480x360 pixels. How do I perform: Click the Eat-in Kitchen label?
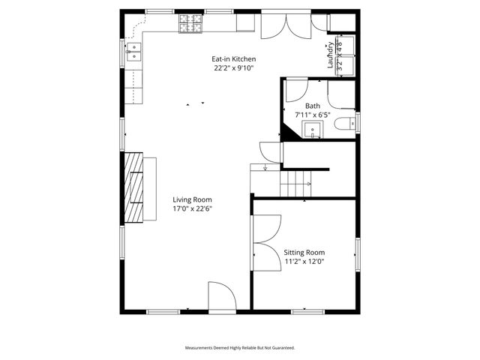pyautogui.click(x=233, y=59)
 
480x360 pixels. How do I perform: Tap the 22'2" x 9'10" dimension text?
pyautogui.click(x=233, y=68)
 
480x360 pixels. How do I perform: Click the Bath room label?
pyautogui.click(x=313, y=106)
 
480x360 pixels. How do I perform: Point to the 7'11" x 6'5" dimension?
pyautogui.click(x=313, y=115)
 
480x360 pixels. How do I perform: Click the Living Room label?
pyautogui.click(x=192, y=199)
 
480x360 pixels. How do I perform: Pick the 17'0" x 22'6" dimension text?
pyautogui.click(x=192, y=208)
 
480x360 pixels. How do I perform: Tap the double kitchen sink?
pyautogui.click(x=134, y=52)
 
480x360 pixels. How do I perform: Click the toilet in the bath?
pyautogui.click(x=345, y=124)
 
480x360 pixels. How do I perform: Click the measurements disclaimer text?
pyautogui.click(x=240, y=348)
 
